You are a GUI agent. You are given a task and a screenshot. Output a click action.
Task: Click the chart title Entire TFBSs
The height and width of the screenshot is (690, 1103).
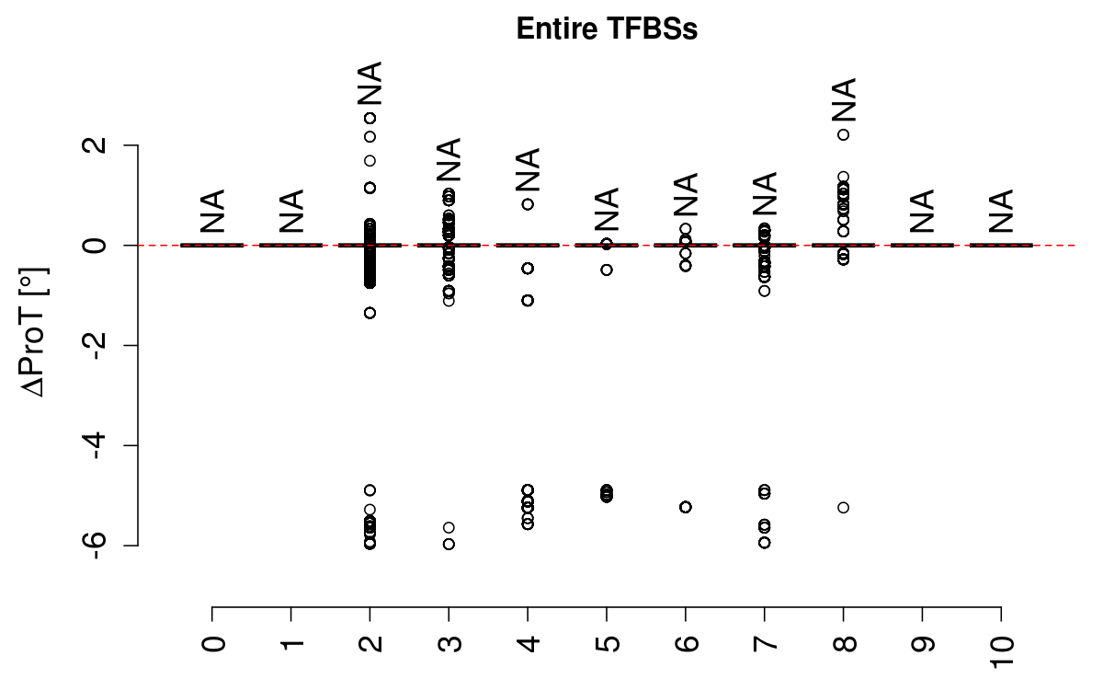[608, 29]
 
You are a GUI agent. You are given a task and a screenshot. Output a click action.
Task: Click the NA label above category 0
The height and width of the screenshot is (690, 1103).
[212, 211]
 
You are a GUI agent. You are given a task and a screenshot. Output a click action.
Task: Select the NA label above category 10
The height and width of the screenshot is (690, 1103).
[1001, 211]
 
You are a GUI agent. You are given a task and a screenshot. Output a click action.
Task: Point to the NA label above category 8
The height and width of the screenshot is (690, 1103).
[843, 100]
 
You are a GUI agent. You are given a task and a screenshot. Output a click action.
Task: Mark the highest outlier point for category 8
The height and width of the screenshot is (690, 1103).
[843, 134]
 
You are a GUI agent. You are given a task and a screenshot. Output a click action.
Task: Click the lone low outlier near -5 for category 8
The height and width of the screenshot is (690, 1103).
[843, 507]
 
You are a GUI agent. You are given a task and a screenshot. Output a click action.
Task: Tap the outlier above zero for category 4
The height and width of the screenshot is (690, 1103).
[528, 204]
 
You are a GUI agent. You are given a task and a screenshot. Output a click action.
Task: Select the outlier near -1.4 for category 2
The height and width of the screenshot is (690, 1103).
[370, 313]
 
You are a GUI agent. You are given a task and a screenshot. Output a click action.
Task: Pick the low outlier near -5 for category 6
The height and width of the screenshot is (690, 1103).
[686, 507]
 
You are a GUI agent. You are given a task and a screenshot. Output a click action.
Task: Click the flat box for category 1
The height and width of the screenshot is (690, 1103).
[291, 246]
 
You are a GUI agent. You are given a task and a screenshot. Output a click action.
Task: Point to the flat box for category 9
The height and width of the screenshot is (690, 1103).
[922, 246]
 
